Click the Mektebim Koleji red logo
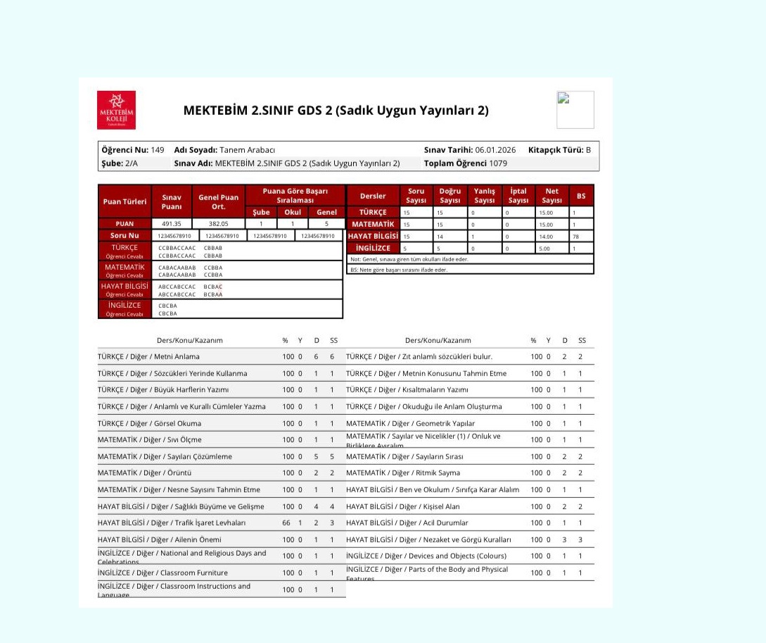116,110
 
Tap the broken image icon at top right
575,109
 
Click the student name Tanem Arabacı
247,150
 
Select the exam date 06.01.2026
495,150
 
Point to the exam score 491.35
172,224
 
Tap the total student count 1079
498,163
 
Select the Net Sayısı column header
552,195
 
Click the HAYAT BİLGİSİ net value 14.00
547,237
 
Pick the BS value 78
575,237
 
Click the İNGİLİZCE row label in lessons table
373,249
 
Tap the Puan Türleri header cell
125,201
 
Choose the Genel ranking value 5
326,224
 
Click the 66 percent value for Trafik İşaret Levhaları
286,523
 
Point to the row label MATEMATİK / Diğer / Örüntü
144,473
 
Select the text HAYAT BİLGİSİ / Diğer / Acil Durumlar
407,523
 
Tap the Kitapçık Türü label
555,150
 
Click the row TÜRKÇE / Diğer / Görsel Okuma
149,423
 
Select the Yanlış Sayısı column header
484,195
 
